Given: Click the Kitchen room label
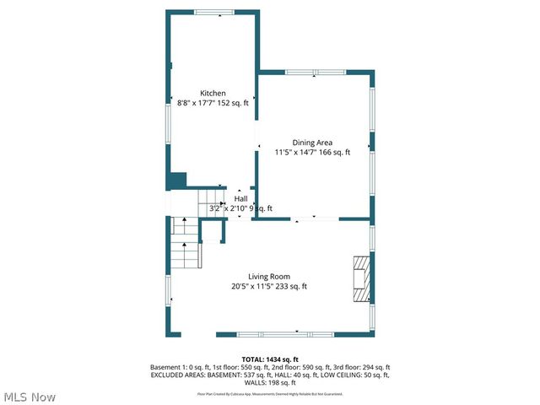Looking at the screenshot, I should click(x=213, y=93).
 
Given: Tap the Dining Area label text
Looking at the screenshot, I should click(x=312, y=143).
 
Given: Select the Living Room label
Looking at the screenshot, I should click(x=269, y=277).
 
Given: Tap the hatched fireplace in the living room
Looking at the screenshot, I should click(x=361, y=279).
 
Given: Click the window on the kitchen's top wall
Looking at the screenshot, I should click(x=213, y=12).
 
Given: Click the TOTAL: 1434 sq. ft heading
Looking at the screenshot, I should click(x=270, y=359).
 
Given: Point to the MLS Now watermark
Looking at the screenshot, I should click(x=30, y=397).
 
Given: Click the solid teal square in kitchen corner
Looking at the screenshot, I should click(x=176, y=181).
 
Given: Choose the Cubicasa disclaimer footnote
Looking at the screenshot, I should click(x=270, y=394).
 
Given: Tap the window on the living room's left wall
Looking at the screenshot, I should click(x=167, y=290).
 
